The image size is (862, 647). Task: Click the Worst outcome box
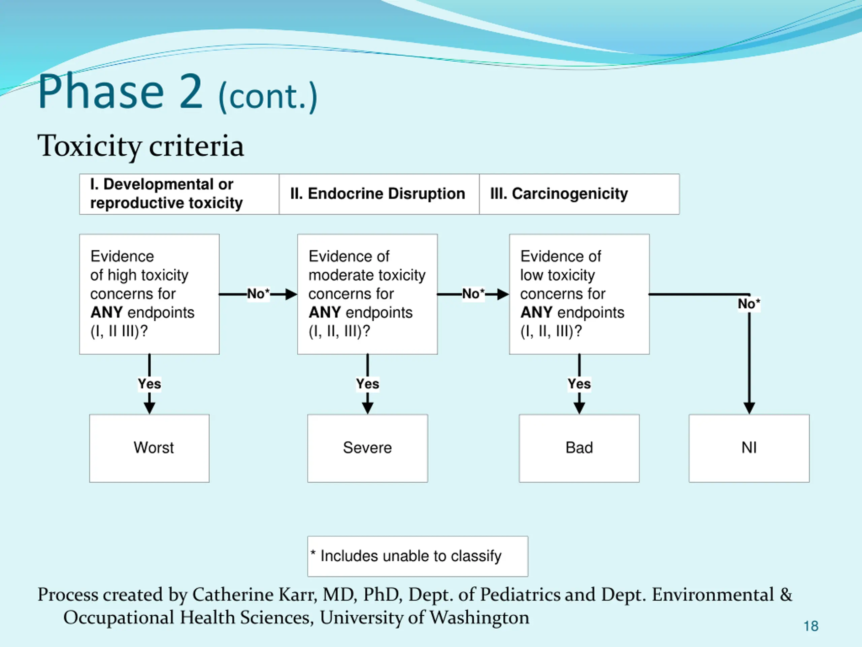[149, 448]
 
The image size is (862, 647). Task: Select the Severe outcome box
[367, 448]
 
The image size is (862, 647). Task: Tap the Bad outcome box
[579, 448]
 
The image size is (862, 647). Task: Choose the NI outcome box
[749, 448]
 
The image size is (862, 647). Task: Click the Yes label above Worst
[149, 384]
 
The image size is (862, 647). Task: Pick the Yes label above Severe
[367, 384]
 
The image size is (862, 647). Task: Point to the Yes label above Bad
[579, 384]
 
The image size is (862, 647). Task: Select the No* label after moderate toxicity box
[473, 294]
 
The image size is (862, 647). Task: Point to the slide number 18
[811, 626]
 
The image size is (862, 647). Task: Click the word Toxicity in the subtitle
[89, 146]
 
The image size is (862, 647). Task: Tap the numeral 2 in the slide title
[191, 92]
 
